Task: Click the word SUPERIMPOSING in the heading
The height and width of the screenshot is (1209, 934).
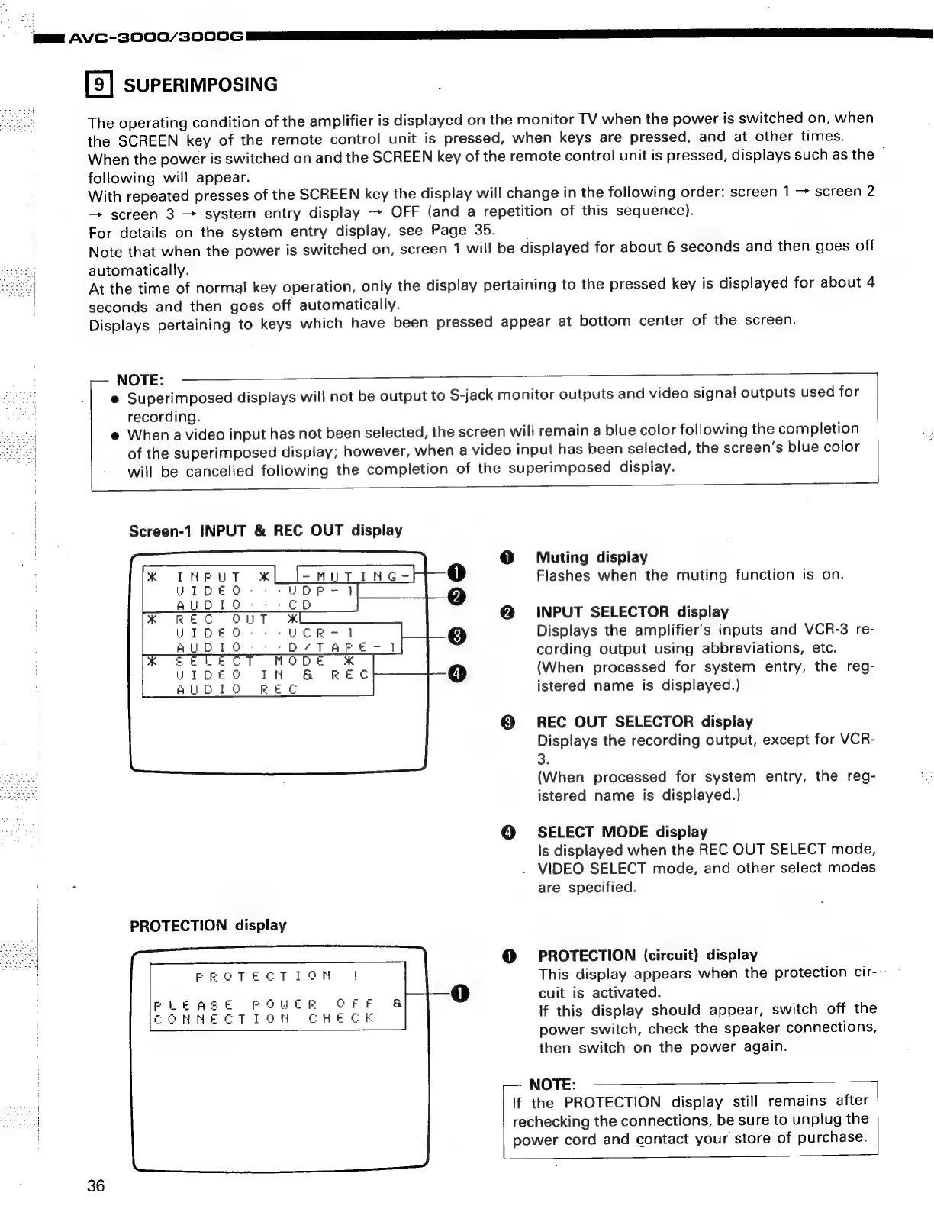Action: [201, 84]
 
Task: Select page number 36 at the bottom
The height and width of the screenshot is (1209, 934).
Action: [96, 1185]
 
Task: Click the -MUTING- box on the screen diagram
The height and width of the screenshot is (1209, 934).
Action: [355, 575]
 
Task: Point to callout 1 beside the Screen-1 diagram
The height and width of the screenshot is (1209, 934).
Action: [456, 573]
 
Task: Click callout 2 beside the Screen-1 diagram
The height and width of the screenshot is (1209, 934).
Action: [456, 597]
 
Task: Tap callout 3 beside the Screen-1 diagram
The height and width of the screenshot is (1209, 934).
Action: [456, 635]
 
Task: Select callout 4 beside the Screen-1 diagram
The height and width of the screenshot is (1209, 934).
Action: [456, 673]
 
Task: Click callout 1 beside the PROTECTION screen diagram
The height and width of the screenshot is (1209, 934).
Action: [459, 992]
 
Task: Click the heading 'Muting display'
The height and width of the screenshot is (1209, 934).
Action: [591, 557]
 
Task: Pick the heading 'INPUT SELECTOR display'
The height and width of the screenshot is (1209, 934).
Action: [633, 612]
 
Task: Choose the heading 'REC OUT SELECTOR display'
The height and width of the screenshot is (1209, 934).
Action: [645, 722]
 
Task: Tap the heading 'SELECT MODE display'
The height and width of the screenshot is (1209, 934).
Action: [622, 832]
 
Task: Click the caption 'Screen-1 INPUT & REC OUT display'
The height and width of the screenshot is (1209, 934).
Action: [266, 530]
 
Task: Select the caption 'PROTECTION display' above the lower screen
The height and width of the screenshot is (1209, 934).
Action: [208, 926]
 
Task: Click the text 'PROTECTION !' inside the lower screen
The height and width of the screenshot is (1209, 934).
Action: [278, 976]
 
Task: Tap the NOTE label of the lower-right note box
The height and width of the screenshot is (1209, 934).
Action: [552, 1085]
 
